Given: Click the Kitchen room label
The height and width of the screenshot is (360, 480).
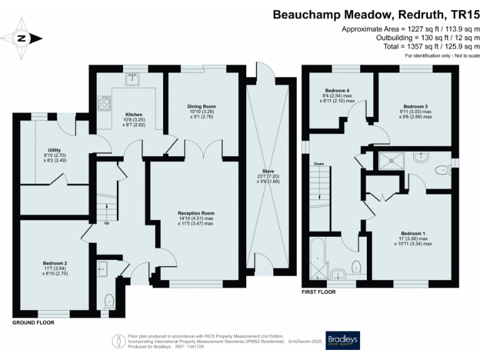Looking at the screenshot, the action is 134,114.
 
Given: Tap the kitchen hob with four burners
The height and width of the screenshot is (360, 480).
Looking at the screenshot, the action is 104,102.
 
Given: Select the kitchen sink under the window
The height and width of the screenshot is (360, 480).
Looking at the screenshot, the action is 132,79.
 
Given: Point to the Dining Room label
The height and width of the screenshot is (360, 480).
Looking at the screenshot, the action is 201,106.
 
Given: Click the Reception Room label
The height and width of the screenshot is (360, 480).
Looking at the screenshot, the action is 196,213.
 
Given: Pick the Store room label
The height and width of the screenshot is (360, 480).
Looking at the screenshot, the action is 268,171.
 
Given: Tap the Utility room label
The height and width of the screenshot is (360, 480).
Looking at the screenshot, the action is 54,150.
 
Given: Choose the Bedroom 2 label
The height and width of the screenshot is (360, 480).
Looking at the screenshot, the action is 55,263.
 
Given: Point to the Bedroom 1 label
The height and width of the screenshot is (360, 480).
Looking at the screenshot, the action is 413,233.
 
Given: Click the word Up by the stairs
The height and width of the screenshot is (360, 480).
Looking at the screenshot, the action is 106,223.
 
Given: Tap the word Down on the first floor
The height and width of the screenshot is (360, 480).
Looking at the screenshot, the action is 319,164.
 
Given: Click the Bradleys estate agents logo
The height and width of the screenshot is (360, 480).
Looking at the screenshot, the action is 342,341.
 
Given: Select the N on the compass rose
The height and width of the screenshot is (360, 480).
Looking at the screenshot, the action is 21,39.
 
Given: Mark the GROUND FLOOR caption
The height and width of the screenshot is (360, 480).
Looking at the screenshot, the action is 33,322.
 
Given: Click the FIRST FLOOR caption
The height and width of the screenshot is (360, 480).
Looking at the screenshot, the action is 319,292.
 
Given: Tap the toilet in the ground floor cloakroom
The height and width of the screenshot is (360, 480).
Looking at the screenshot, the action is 109,301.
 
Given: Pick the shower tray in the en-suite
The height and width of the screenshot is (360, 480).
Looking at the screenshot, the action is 391,161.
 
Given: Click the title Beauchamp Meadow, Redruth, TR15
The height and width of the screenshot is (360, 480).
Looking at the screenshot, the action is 376,15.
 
